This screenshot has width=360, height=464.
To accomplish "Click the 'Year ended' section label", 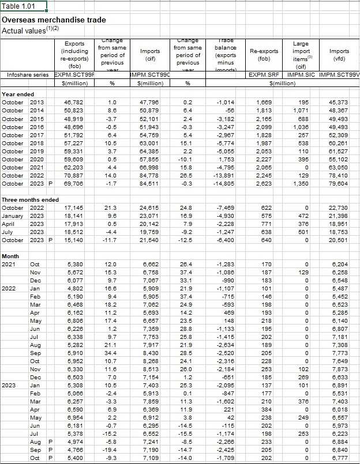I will click(18, 94).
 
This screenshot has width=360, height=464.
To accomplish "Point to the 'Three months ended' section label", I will click(30, 199).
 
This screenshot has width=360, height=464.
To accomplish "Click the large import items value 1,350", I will click(304, 183).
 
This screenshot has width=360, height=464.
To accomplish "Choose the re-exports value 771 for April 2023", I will click(267, 224).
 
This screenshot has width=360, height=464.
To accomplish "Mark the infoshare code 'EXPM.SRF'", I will click(260, 75).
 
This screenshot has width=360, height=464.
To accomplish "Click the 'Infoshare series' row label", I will click(26, 75).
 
